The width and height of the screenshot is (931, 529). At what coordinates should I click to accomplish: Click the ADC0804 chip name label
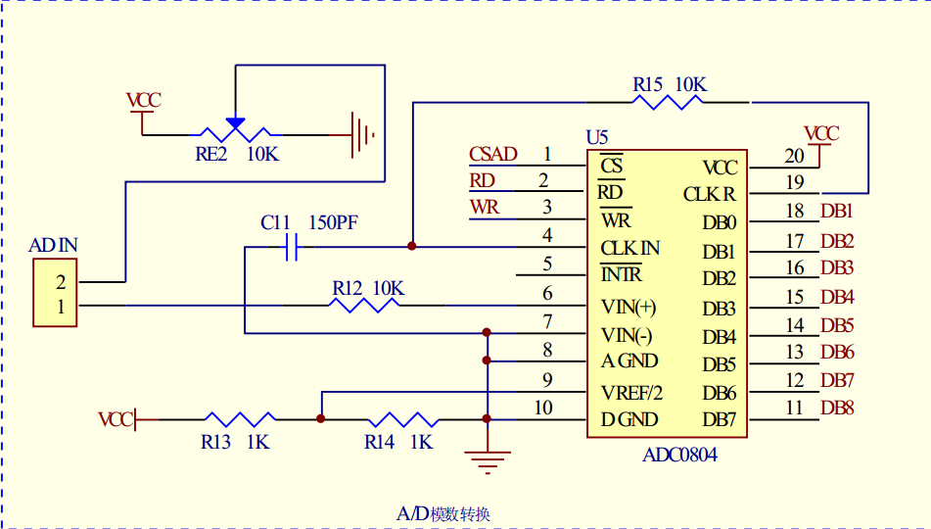tap(679, 455)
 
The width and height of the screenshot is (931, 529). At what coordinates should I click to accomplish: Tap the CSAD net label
tap(492, 154)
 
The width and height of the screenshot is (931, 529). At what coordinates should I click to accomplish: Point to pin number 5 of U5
tap(547, 263)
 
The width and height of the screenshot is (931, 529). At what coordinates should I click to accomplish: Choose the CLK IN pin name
tap(629, 248)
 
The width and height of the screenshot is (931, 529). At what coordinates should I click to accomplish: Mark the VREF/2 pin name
tap(631, 392)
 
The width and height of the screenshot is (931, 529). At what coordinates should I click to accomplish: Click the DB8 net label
tap(837, 408)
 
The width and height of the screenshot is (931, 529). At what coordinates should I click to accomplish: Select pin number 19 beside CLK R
tap(794, 181)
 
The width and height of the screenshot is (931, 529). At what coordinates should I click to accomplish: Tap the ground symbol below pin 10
tap(487, 457)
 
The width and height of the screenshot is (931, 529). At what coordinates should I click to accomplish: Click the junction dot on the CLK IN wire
tap(411, 246)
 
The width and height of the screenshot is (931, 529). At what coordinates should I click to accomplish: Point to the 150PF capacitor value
tap(333, 222)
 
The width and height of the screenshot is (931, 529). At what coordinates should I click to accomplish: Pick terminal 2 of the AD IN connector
tap(60, 282)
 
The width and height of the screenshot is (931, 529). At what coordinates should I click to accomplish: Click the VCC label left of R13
tap(115, 419)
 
